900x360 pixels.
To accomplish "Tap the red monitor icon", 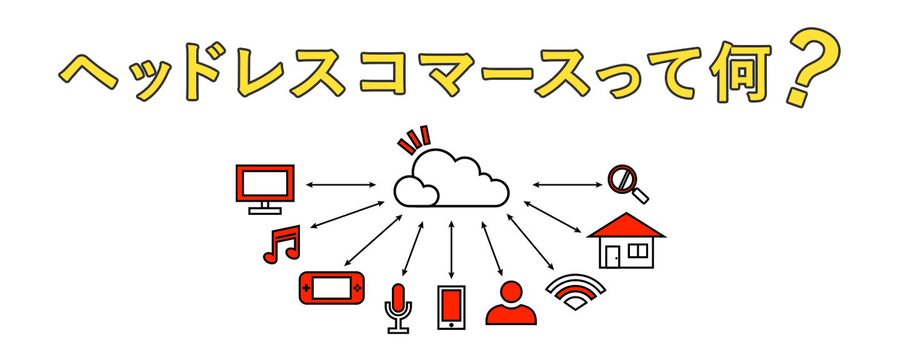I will pyautogui.click(x=265, y=186).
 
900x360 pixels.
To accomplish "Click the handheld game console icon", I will pyautogui.click(x=331, y=288).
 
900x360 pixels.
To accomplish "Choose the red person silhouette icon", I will pyautogui.click(x=511, y=304).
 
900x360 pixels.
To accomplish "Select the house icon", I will pyautogui.click(x=626, y=241).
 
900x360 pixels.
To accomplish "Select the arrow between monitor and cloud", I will pyautogui.click(x=341, y=185).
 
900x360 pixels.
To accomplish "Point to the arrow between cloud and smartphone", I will pyautogui.click(x=451, y=249).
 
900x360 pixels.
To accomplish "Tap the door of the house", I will pyautogui.click(x=613, y=256).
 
